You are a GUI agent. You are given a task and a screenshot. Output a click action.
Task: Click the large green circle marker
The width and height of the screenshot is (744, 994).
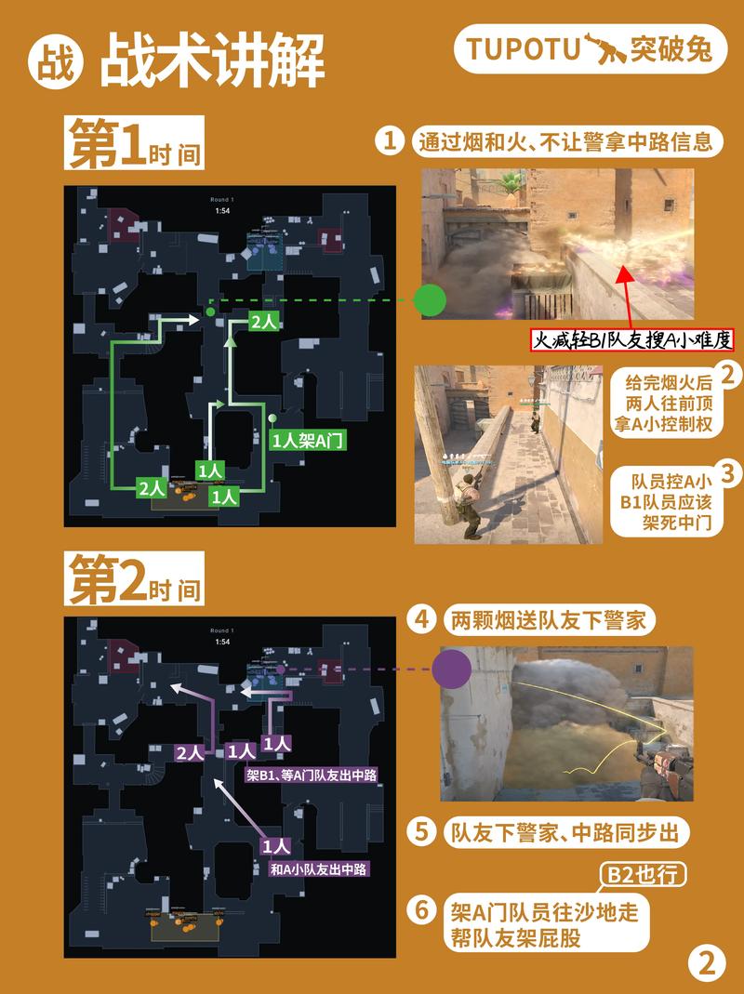coord(429,301)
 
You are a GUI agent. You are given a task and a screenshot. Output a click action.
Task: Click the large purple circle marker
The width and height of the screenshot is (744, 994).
coord(453,669)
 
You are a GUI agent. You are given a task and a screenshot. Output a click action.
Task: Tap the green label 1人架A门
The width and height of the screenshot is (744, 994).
coord(308,443)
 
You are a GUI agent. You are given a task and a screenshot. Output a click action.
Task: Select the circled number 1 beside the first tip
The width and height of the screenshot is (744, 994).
coord(390,141)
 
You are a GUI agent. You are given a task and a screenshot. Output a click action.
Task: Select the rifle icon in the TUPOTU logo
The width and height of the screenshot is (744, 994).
coord(602,47)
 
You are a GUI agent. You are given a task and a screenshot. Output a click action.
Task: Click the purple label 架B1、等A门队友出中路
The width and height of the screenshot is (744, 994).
coord(312,774)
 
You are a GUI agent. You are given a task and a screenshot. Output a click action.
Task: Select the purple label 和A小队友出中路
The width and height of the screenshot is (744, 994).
coord(319,869)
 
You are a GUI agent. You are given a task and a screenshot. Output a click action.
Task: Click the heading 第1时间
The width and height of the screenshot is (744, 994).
coord(133,147)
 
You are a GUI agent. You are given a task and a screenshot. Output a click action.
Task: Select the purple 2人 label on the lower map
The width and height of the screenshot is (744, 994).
coord(190,752)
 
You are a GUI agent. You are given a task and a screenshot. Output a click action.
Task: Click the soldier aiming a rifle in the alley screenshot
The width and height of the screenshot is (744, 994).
coord(468,502)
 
